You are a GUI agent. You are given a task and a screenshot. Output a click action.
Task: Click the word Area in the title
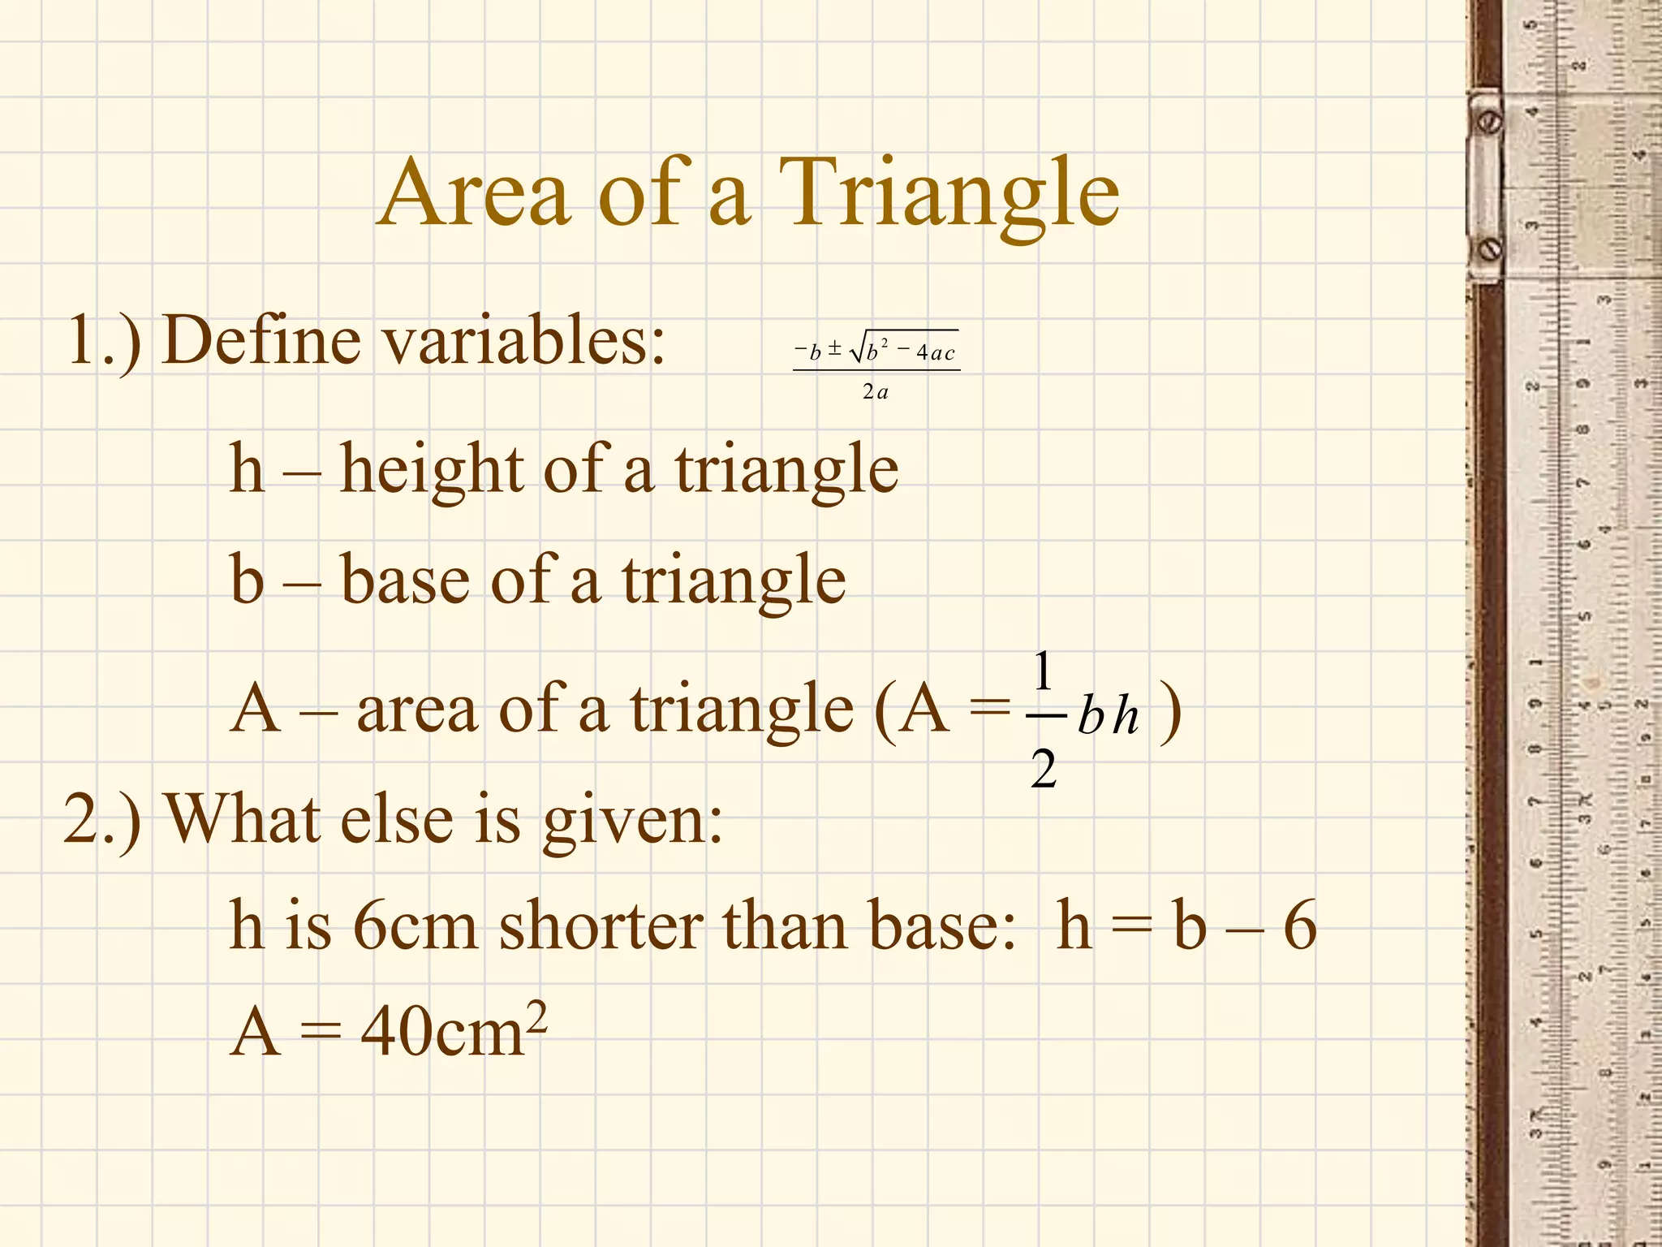[x=475, y=195]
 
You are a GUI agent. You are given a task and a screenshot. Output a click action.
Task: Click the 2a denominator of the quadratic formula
[x=875, y=392]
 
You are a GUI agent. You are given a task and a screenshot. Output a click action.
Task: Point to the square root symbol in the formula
[x=857, y=351]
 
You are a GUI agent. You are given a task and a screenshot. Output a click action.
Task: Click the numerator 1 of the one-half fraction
[x=1043, y=671]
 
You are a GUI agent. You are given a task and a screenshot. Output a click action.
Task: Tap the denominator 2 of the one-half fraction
[x=1044, y=768]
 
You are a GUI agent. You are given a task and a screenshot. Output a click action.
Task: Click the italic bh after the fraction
[x=1108, y=717]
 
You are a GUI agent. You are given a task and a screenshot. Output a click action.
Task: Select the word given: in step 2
[x=632, y=820]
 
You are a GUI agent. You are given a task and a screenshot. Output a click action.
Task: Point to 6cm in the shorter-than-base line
[x=415, y=926]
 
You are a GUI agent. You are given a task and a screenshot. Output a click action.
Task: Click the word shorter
[x=601, y=926]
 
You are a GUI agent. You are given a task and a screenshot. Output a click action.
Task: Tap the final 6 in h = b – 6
[x=1298, y=926]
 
